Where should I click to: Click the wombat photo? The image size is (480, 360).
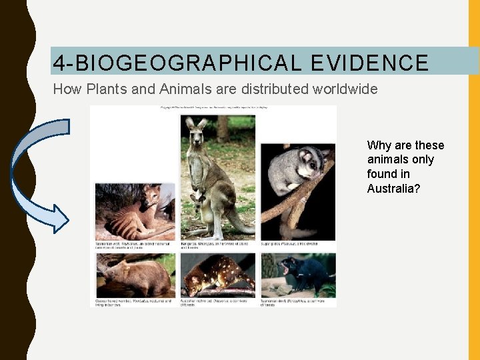(133, 277)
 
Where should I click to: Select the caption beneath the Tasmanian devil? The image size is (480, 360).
(297, 303)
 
